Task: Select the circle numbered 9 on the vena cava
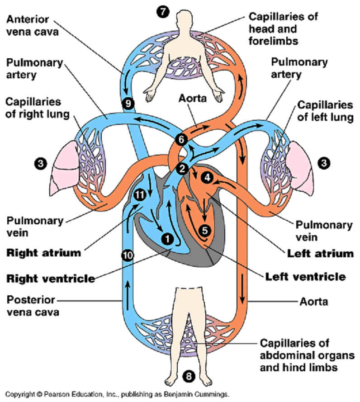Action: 129,104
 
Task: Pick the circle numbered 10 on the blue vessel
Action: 128,255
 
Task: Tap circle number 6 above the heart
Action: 181,139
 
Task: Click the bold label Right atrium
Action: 44,252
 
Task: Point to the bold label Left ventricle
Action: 305,276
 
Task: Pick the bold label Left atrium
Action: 320,253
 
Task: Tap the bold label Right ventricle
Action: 51,278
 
